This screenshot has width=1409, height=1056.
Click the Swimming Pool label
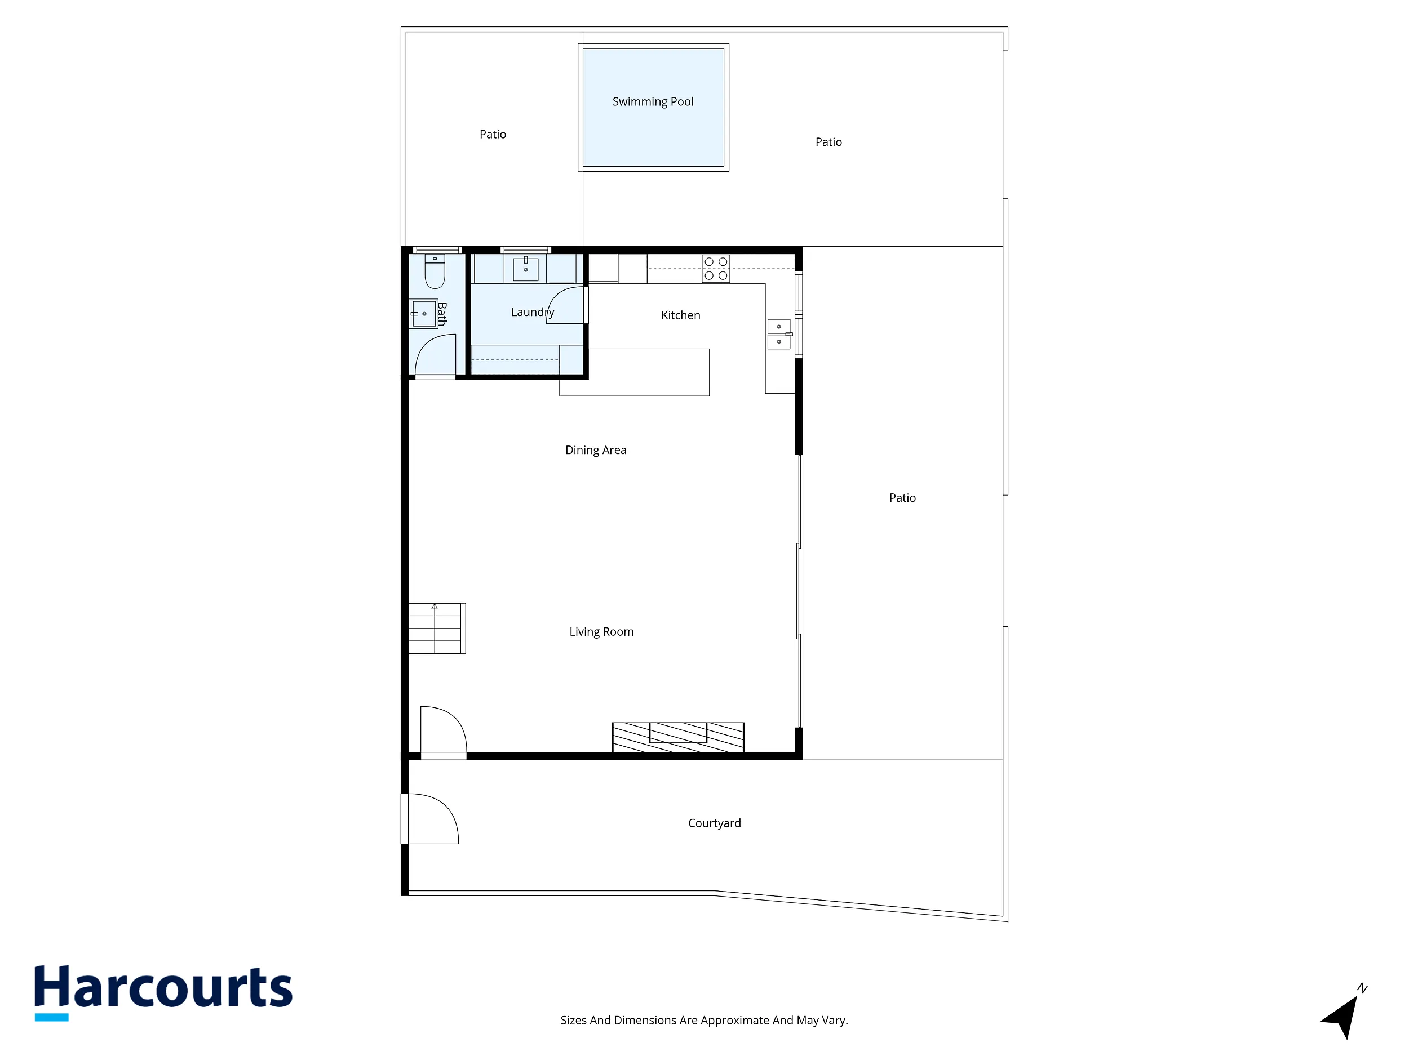click(653, 102)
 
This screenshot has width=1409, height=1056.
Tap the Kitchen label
click(680, 315)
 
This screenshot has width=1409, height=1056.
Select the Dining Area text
click(596, 450)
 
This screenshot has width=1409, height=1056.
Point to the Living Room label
click(601, 632)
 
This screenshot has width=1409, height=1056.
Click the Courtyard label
click(714, 823)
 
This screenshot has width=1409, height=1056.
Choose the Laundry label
click(533, 313)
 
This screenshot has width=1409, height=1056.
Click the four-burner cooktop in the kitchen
click(716, 269)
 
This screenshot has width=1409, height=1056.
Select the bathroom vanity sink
click(424, 314)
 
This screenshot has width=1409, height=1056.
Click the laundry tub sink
click(525, 269)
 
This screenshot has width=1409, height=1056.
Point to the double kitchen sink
click(779, 334)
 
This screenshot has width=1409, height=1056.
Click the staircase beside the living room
click(437, 629)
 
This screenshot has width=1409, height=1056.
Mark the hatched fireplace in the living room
click(678, 737)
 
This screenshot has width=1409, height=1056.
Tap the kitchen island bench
click(635, 372)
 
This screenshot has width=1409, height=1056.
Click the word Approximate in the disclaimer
click(735, 1021)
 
